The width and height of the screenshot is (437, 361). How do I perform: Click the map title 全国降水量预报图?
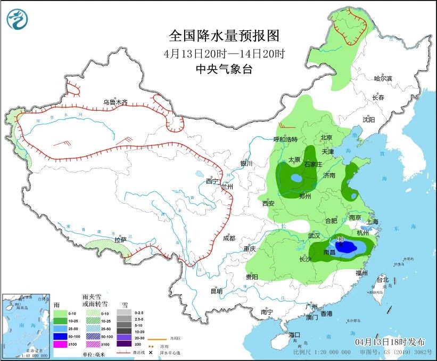click(224, 36)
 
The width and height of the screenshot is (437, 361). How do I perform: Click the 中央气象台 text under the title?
click(224, 69)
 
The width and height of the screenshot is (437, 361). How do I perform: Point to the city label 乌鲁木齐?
click(116, 102)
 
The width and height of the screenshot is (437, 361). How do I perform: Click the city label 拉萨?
click(120, 240)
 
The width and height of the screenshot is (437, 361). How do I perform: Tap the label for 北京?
click(326, 138)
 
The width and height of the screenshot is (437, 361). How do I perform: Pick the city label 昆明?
click(216, 291)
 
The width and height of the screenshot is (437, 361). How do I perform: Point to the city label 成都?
click(229, 238)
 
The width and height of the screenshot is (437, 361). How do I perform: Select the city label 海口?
click(295, 334)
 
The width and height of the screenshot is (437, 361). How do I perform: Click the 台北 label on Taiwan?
click(382, 280)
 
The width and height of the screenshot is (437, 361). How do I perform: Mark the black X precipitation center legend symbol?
click(151, 352)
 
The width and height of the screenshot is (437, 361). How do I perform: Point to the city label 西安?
click(268, 203)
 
